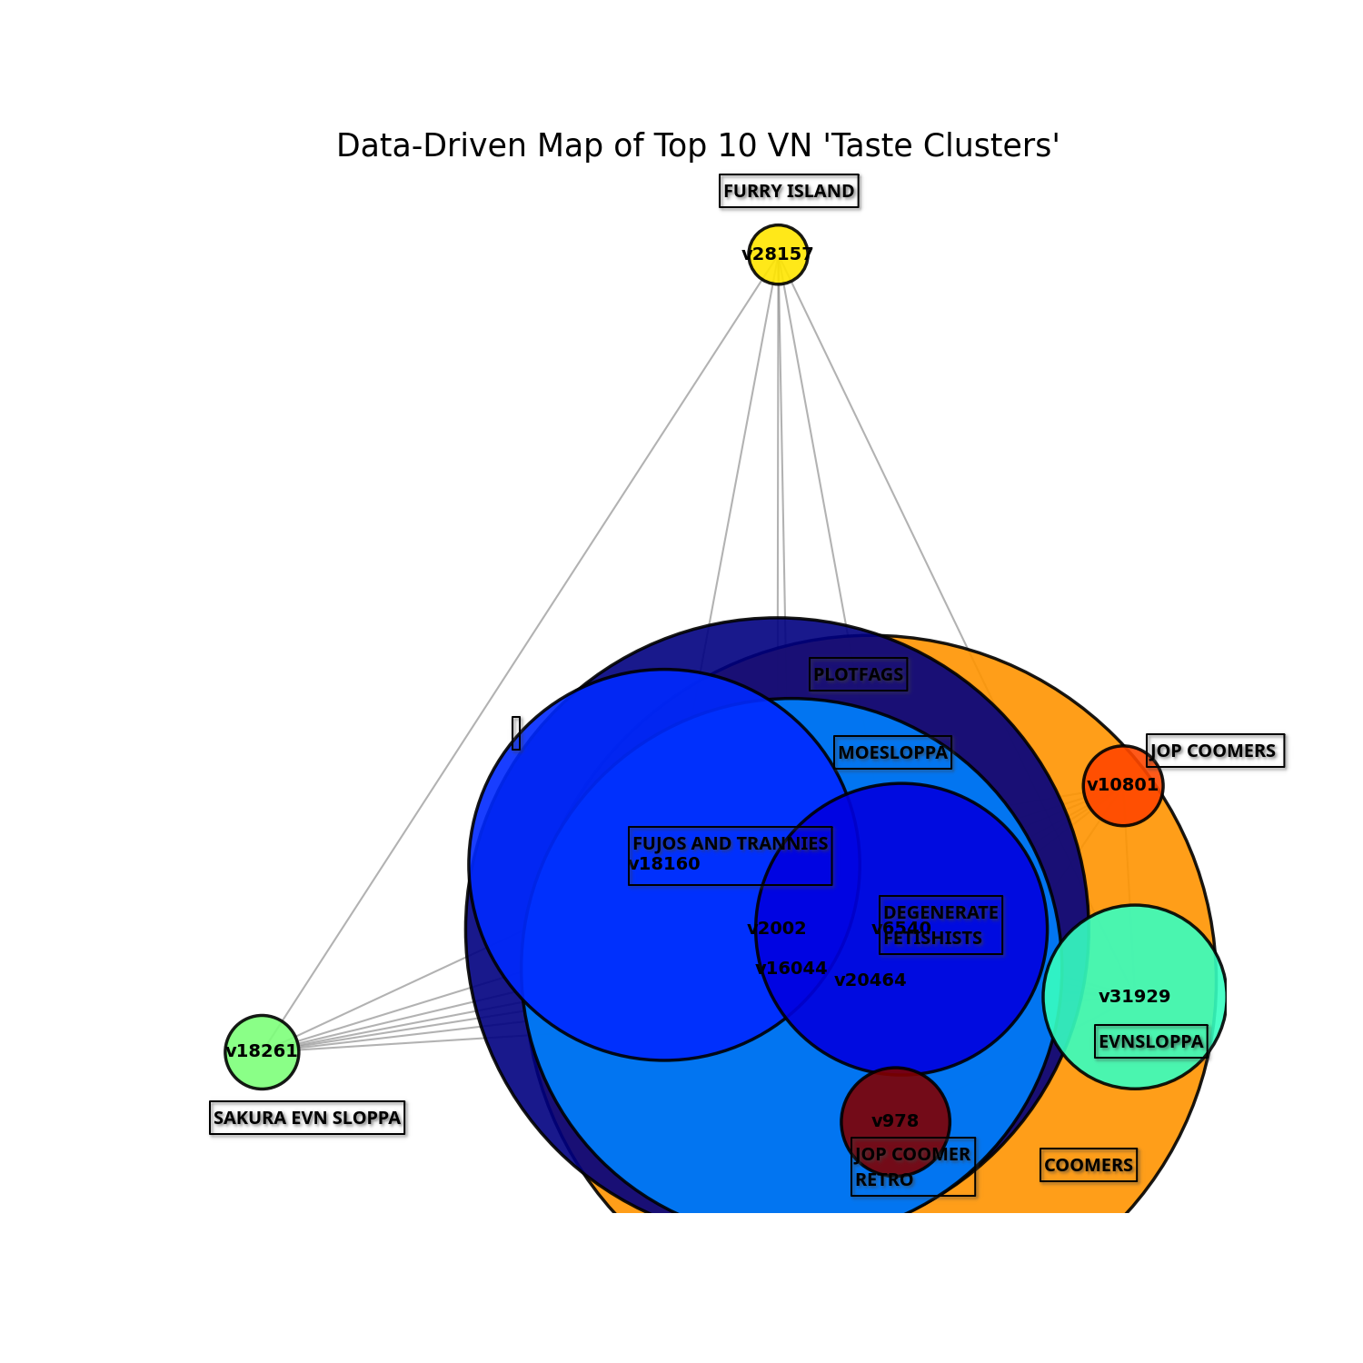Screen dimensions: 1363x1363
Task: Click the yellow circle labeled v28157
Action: click(778, 254)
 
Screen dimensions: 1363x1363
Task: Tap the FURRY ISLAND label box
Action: click(789, 191)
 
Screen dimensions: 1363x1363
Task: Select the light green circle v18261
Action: click(262, 1051)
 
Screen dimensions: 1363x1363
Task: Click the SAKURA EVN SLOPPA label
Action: click(307, 1118)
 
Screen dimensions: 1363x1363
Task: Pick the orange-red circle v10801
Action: click(1123, 785)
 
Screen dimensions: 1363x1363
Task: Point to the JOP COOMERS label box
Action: click(1215, 751)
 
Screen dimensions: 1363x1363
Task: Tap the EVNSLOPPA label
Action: click(1151, 1041)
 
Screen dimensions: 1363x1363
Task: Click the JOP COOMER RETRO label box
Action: click(912, 1167)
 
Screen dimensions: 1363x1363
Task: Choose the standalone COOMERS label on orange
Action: click(1089, 1165)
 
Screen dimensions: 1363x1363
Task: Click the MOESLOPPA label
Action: click(892, 752)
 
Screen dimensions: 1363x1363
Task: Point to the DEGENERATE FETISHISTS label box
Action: click(940, 925)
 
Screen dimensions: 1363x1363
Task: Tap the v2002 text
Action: click(777, 929)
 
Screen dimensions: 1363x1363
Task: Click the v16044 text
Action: click(791, 969)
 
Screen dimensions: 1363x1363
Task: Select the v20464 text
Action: click(870, 980)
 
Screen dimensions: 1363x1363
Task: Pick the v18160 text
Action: click(664, 864)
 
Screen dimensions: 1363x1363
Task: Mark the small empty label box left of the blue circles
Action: click(516, 732)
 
